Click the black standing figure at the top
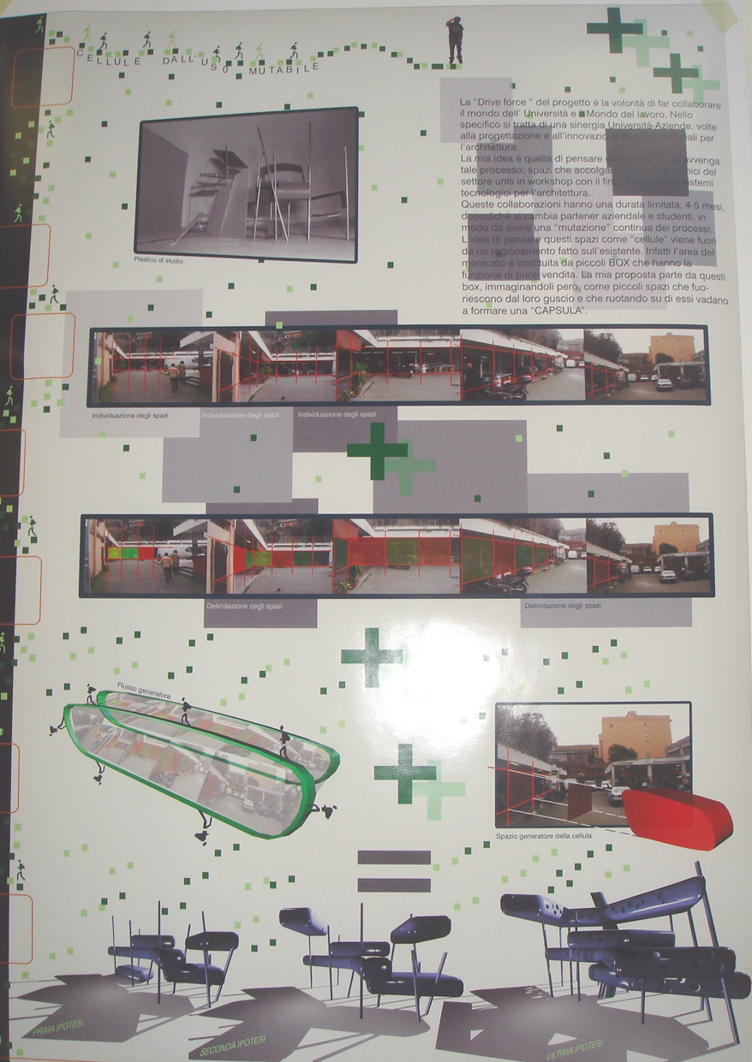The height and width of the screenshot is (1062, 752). click(455, 40)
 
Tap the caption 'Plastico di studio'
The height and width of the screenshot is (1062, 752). click(158, 260)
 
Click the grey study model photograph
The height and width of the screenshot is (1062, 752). click(247, 184)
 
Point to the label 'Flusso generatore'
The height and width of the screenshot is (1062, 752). click(144, 697)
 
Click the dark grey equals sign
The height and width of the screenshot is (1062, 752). click(394, 870)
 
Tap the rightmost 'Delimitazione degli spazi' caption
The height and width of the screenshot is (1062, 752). click(562, 605)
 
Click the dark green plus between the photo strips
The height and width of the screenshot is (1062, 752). click(377, 451)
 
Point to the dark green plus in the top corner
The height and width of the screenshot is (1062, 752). click(614, 29)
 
